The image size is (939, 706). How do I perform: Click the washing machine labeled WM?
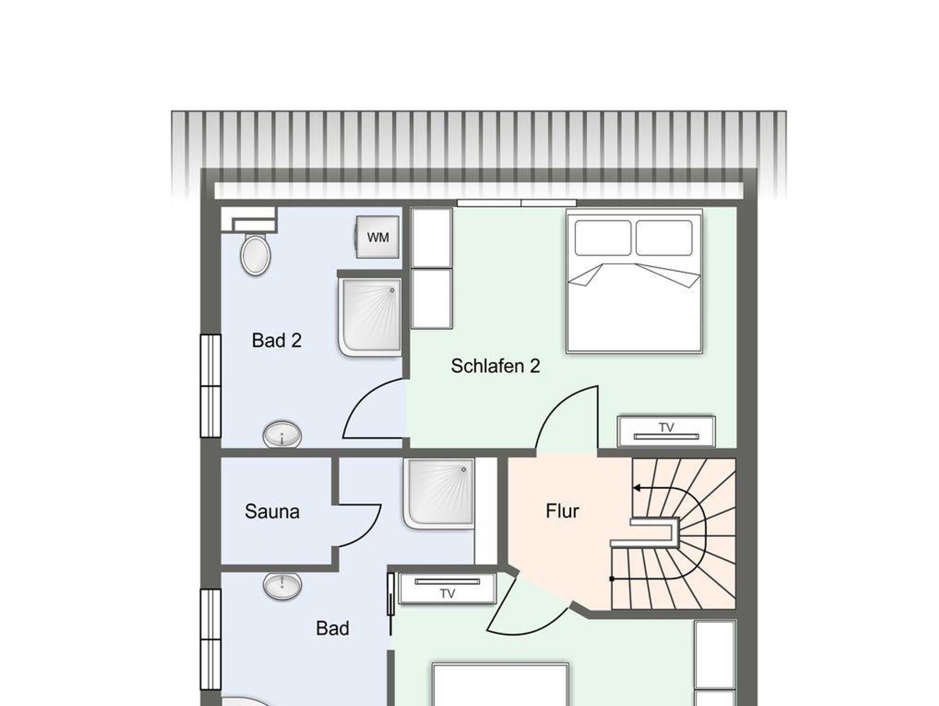click(x=377, y=237)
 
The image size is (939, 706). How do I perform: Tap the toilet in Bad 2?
click(x=255, y=255)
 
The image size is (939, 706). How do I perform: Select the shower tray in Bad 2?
click(x=370, y=318)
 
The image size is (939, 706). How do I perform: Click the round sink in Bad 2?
click(x=282, y=434)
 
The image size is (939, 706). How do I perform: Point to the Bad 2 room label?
click(x=276, y=340)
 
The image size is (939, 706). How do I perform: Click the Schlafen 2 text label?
click(x=495, y=366)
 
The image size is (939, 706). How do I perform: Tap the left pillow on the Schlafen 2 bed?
click(x=603, y=238)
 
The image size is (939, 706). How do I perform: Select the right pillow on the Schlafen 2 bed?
click(x=664, y=238)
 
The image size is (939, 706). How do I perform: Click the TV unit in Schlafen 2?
click(x=666, y=431)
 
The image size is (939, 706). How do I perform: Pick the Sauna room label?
click(x=272, y=511)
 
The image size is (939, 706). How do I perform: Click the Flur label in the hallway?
click(x=562, y=511)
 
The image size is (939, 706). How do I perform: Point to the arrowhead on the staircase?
click(x=637, y=488)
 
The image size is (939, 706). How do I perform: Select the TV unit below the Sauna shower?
click(x=447, y=588)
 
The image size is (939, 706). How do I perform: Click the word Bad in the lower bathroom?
click(x=332, y=628)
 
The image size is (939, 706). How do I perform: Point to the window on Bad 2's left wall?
click(x=210, y=386)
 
